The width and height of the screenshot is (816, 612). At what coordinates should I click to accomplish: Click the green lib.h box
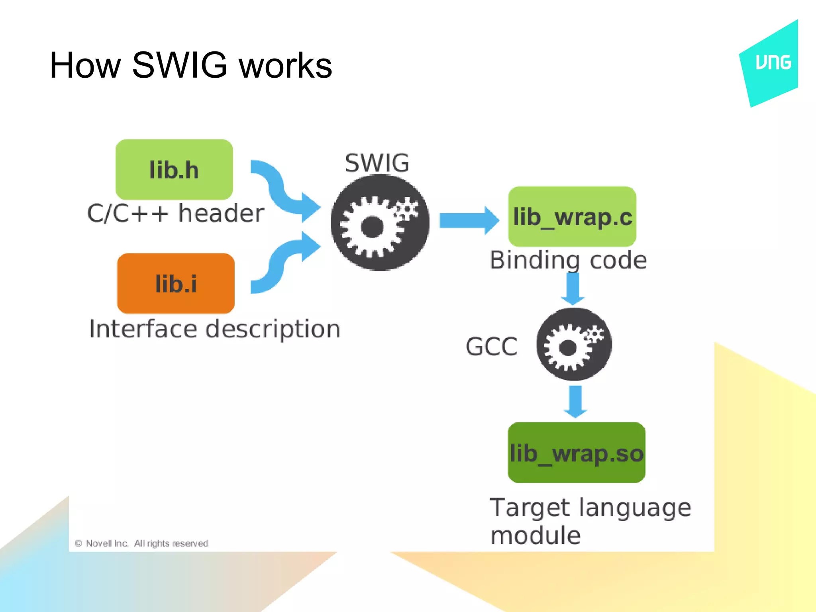[x=174, y=169]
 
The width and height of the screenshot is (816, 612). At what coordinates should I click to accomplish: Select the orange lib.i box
[x=176, y=283]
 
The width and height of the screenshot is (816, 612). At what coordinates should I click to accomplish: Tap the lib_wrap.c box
[x=572, y=216]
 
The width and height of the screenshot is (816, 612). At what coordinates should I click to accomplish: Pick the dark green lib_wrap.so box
[x=576, y=453]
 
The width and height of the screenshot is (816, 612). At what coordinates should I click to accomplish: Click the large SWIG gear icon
[x=380, y=223]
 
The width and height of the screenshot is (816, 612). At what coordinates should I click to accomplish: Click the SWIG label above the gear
[x=377, y=163]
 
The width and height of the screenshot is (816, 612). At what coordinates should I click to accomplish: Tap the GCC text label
[x=491, y=346]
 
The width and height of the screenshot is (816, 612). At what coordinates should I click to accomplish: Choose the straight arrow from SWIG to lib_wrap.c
[x=468, y=220]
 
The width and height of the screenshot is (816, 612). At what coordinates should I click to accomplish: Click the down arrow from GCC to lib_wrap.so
[x=575, y=401]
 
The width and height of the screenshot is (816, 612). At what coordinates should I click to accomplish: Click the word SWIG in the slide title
[x=179, y=65]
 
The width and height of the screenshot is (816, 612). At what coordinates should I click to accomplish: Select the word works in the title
[x=285, y=66]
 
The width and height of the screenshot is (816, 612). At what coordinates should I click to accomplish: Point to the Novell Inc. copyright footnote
[x=141, y=543]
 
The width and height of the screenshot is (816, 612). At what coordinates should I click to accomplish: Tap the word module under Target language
[x=535, y=535]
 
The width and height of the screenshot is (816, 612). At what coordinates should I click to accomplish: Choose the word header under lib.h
[x=221, y=213]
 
